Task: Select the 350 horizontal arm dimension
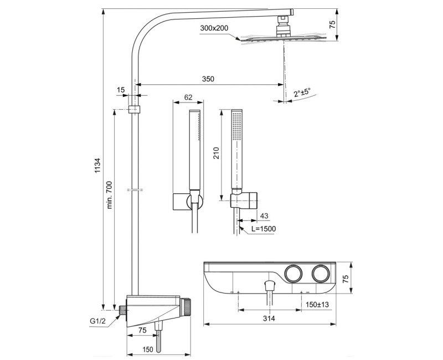(208, 79)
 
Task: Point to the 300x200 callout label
(215, 28)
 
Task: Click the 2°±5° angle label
(302, 92)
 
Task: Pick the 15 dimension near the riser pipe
(121, 90)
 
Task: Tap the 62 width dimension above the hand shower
(188, 97)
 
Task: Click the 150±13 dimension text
(317, 304)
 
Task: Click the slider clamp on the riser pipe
(133, 109)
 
